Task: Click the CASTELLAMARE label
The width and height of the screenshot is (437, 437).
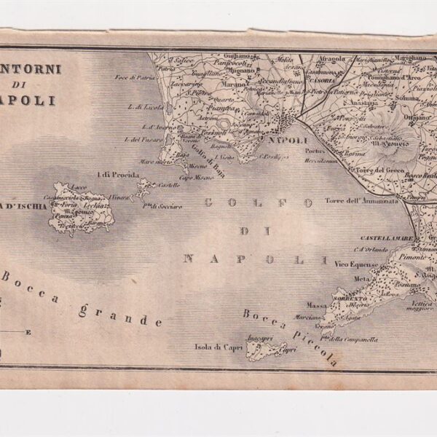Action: click(x=387, y=238)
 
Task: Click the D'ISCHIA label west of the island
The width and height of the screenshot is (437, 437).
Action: click(x=26, y=207)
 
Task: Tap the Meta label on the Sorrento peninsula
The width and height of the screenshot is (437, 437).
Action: click(x=361, y=278)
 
